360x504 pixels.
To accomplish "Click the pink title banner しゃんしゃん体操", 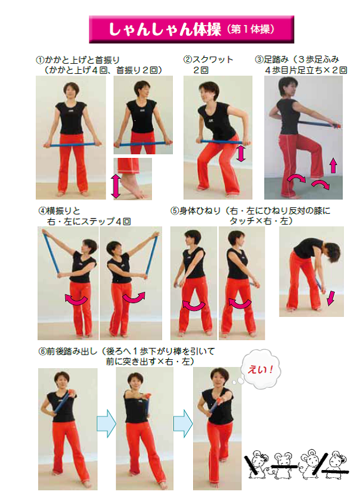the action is [x=191, y=29].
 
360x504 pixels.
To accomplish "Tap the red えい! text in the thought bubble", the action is [x=260, y=369].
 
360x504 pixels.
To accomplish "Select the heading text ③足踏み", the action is [x=272, y=60].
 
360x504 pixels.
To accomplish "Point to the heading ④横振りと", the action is [x=59, y=211].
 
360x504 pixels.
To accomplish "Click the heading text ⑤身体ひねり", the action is [x=195, y=211].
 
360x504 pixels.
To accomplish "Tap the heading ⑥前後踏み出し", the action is [x=68, y=351].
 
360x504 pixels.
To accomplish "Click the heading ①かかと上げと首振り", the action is [x=78, y=60].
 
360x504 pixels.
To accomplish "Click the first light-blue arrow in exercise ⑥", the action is [x=107, y=424].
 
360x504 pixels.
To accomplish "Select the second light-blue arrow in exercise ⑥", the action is [x=183, y=424].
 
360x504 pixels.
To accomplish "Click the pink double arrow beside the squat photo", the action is [x=241, y=153].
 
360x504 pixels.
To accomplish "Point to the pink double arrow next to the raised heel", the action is [x=116, y=186].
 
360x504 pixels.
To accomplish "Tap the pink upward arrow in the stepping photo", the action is [x=333, y=166].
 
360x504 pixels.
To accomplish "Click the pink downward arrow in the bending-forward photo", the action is [x=330, y=298].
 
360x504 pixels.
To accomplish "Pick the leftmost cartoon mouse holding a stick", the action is [x=257, y=463].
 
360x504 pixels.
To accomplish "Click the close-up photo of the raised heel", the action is [x=132, y=179].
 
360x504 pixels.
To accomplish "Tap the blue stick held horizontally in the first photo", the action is [x=72, y=145].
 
